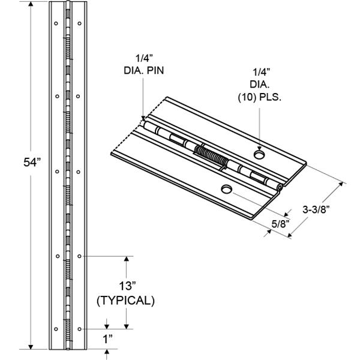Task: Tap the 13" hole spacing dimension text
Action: click(125, 284)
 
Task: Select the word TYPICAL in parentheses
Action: click(125, 301)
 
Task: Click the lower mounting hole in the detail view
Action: click(226, 190)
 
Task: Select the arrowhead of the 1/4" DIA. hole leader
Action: click(259, 149)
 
